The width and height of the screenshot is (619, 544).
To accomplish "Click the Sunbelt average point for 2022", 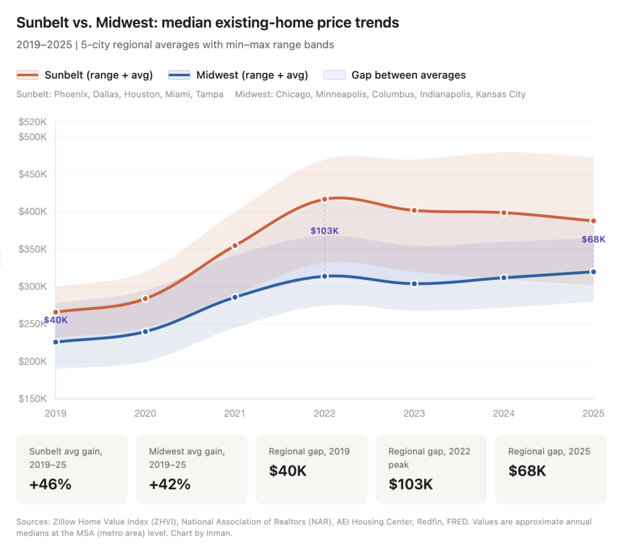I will pyautogui.click(x=325, y=199).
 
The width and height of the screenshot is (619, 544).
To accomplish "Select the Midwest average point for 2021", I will pyautogui.click(x=235, y=297).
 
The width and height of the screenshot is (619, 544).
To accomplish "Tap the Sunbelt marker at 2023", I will pyautogui.click(x=414, y=211).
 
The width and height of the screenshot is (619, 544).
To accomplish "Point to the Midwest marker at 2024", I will pyautogui.click(x=504, y=278).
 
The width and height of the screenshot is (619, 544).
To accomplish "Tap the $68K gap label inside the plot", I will pyautogui.click(x=593, y=239).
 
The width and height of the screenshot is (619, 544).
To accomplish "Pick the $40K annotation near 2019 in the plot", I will pyautogui.click(x=56, y=320).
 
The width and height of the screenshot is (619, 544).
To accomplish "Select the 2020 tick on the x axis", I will pyautogui.click(x=145, y=414).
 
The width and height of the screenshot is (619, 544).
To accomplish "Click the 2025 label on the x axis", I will pyautogui.click(x=593, y=414).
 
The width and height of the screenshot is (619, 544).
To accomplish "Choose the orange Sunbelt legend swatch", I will pyautogui.click(x=27, y=75).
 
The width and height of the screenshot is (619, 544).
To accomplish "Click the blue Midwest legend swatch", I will pyautogui.click(x=179, y=75).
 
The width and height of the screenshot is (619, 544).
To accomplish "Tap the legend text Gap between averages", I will pyautogui.click(x=409, y=75).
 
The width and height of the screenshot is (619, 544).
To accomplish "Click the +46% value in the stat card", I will pyautogui.click(x=50, y=484).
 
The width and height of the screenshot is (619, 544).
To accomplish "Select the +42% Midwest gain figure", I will pyautogui.click(x=170, y=484).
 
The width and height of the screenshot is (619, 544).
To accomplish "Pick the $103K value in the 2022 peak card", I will pyautogui.click(x=411, y=484).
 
